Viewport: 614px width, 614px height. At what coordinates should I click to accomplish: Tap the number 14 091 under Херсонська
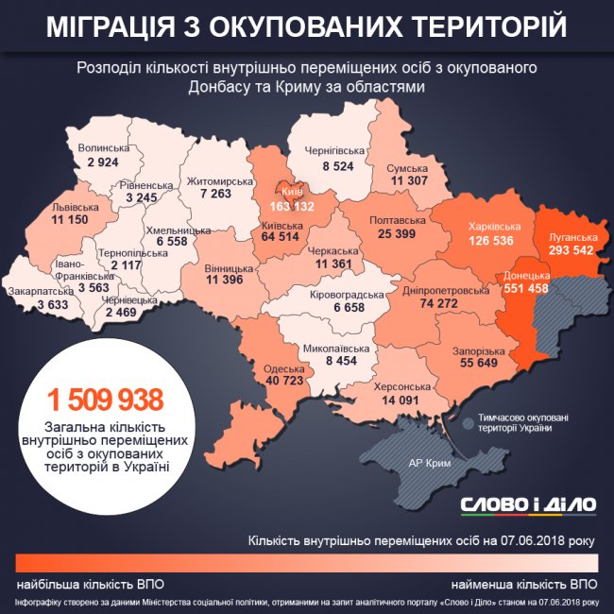pyautogui.click(x=401, y=400)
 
